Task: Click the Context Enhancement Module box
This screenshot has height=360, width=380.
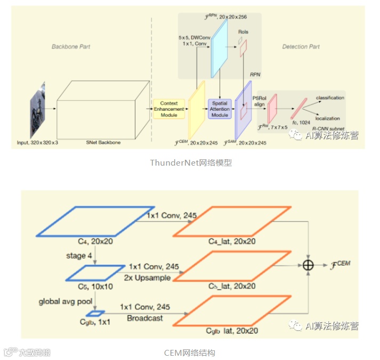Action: click(168, 109)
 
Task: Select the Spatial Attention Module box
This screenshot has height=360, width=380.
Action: click(220, 109)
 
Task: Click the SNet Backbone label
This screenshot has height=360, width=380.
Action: click(103, 142)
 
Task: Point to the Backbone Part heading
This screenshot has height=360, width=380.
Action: click(71, 47)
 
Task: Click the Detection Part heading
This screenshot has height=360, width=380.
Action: click(301, 47)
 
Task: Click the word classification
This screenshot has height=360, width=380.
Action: click(330, 98)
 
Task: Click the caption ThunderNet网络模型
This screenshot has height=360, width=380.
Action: click(191, 163)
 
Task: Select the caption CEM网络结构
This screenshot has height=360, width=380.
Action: click(190, 353)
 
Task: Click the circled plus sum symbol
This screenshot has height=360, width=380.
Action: click(308, 265)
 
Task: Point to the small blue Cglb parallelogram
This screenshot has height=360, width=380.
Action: click(98, 313)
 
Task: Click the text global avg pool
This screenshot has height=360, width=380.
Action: click(65, 301)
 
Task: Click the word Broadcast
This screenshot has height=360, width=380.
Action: click(144, 318)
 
